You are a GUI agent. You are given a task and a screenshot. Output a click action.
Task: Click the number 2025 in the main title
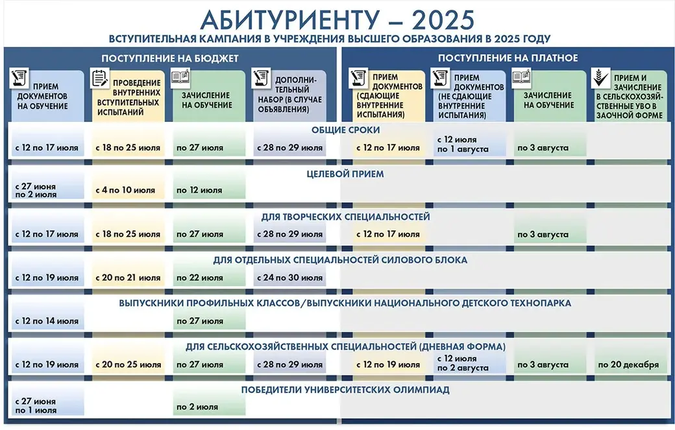click(x=443, y=19)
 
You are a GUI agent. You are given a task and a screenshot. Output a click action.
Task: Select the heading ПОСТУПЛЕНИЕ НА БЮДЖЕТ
click(x=170, y=58)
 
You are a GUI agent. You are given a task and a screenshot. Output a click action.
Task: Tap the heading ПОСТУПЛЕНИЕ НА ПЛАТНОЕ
click(x=508, y=58)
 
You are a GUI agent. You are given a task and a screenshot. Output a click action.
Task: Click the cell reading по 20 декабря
click(x=628, y=364)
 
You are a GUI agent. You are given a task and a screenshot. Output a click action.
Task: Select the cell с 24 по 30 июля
click(x=289, y=278)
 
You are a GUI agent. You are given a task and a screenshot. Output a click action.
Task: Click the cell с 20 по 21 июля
click(x=128, y=278)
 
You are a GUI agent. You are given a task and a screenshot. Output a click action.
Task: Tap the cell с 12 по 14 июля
click(x=47, y=321)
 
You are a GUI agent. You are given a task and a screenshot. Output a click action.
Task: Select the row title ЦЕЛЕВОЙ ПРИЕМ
click(x=345, y=174)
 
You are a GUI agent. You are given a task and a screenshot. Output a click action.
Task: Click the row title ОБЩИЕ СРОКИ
click(x=346, y=130)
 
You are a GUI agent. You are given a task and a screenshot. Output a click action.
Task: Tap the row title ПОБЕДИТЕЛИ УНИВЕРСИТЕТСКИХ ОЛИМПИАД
click(x=345, y=390)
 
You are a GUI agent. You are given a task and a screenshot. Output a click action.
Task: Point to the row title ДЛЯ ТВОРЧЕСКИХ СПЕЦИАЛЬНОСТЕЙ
click(x=346, y=217)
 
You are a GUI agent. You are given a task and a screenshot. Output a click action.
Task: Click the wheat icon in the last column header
click(x=600, y=78)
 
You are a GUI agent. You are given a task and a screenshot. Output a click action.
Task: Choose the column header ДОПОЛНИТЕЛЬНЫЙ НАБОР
click(x=290, y=95)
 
